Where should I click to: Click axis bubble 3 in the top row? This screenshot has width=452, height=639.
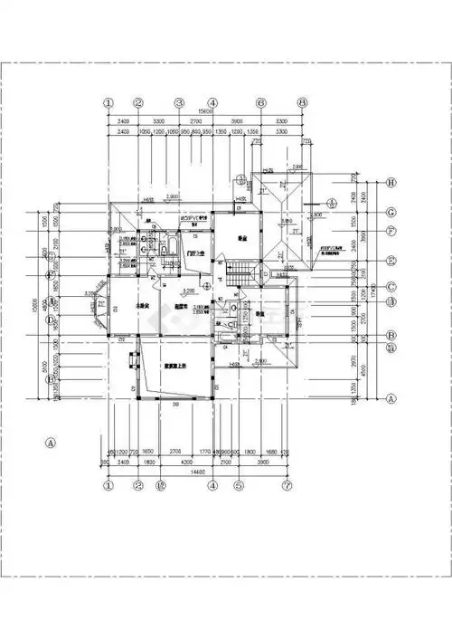pos(180,103)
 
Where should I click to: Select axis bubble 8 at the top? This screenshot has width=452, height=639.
pos(303,103)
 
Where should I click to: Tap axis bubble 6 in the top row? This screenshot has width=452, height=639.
pos(260,103)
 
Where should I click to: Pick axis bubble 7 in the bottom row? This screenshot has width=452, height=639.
pos(287,486)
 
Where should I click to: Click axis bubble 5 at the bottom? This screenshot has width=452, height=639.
pos(239,486)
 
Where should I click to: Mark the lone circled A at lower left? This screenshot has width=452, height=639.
pos(52,443)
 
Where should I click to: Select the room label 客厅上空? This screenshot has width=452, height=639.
pos(174,366)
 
